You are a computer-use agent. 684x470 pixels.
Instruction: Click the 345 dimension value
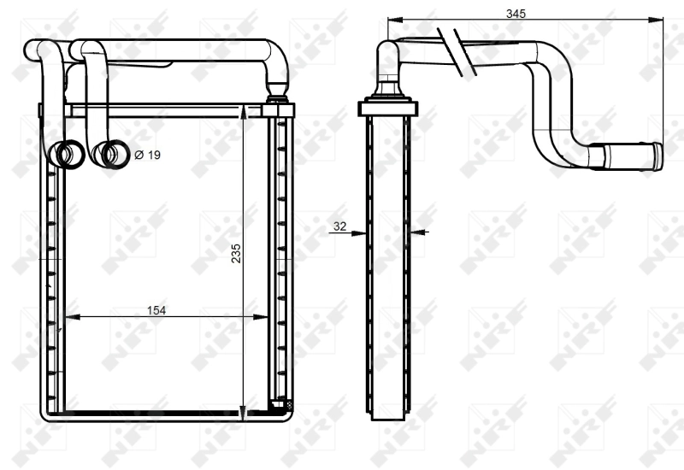[x=516, y=14]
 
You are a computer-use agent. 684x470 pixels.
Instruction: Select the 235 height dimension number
[x=236, y=253]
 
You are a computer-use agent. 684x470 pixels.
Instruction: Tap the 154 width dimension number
[x=156, y=310]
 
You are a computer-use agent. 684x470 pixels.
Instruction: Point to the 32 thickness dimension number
[x=339, y=226]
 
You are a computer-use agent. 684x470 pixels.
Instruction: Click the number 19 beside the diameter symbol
[x=153, y=155]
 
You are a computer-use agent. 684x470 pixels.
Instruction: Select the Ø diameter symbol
[x=139, y=155]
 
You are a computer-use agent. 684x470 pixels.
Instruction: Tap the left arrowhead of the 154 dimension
[x=72, y=317]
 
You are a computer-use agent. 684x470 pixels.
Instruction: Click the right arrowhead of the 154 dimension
[x=264, y=317]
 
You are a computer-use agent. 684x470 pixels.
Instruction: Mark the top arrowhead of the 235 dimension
[x=245, y=109]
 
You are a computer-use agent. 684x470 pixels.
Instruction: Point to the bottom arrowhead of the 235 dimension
[x=245, y=416]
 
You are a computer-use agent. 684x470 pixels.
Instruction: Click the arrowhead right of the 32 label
[x=416, y=231]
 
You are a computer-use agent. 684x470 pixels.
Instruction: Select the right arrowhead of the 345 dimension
[x=658, y=20]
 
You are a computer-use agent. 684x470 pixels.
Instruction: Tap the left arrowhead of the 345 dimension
[x=392, y=20]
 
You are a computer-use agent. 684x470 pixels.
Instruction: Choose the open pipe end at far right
[x=656, y=157]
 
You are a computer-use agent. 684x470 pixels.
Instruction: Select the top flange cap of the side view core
[x=388, y=108]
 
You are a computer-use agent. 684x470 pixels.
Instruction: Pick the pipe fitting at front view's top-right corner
[x=278, y=108]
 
